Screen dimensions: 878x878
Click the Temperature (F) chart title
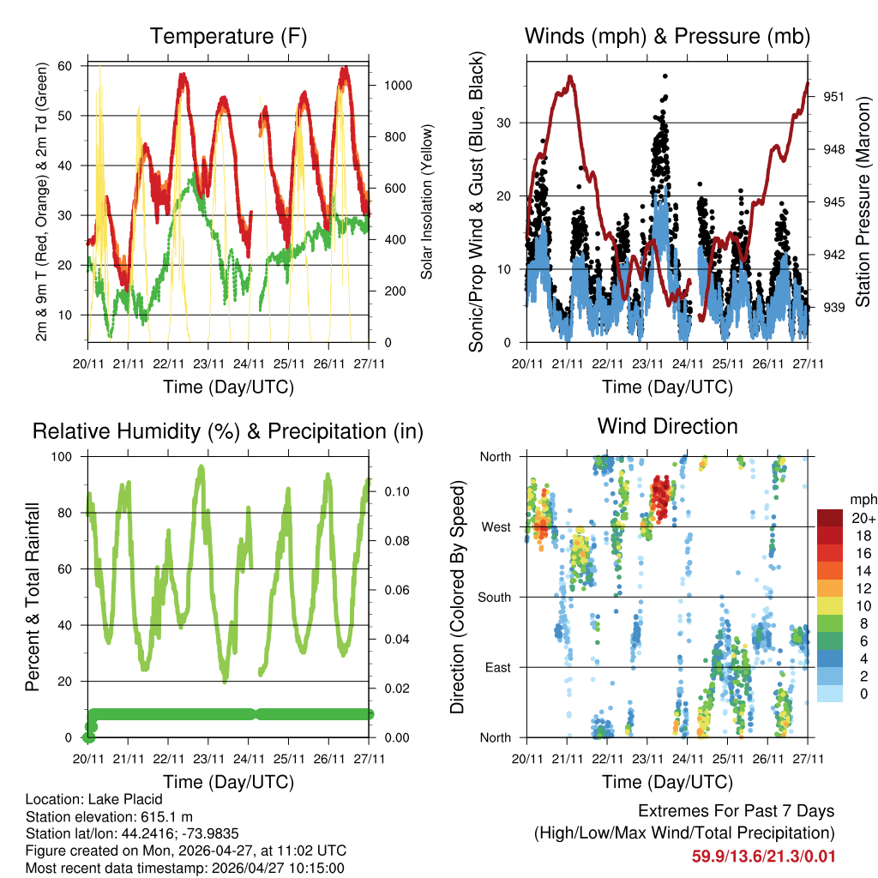tap(228, 36)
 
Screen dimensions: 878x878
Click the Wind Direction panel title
tap(667, 426)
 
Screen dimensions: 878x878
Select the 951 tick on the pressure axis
tap(835, 97)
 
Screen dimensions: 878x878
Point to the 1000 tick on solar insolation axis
tap(400, 86)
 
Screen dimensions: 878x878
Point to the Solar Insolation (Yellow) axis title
tap(426, 201)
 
